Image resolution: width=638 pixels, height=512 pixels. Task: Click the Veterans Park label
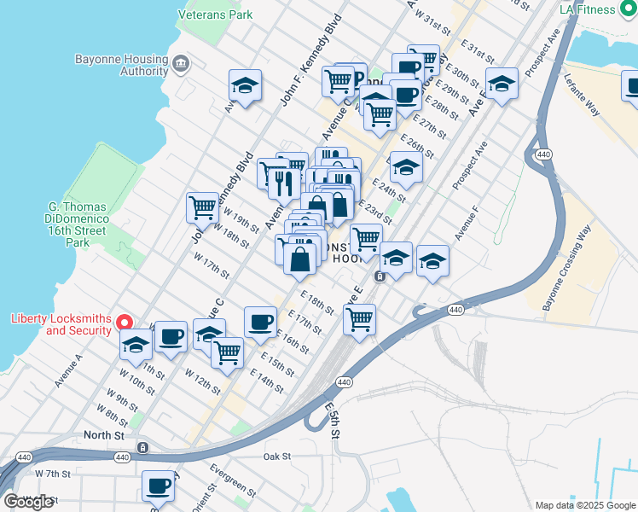[x=216, y=15]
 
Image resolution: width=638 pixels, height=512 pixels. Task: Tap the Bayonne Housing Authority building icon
[x=181, y=63]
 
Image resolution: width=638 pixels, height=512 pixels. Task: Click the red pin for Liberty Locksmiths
[x=124, y=322]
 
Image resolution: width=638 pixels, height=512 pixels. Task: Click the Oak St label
[x=277, y=457]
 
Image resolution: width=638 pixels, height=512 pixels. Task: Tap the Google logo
[x=28, y=502]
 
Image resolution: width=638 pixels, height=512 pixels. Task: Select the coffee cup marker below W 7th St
[x=158, y=486]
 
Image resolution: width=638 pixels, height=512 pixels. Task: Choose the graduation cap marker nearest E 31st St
[x=502, y=83]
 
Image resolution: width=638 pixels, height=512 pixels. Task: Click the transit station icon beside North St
[x=143, y=446]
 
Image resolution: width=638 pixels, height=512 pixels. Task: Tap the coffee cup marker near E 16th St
[x=260, y=322]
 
